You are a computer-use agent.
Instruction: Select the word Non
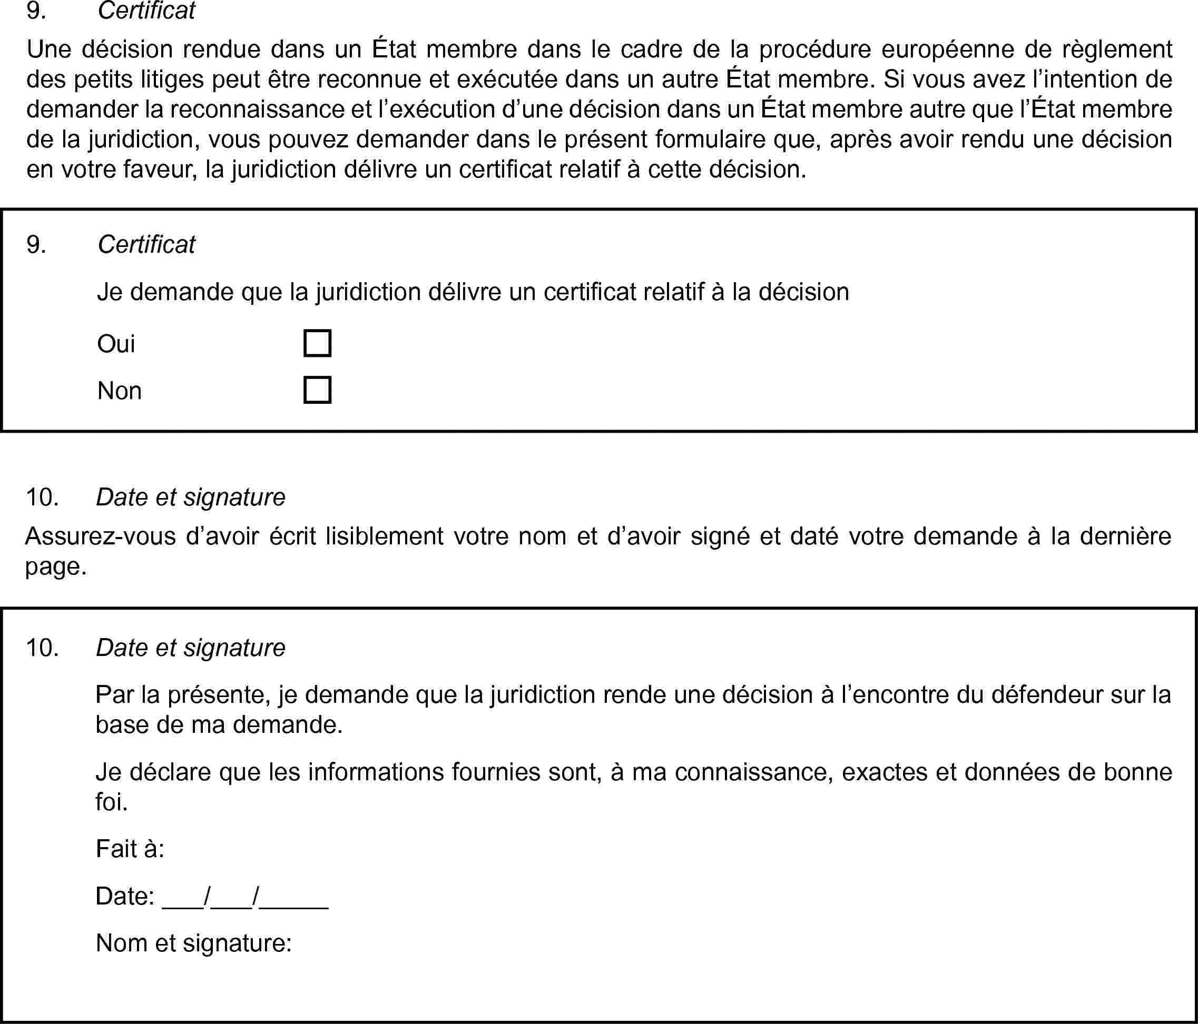[x=120, y=391]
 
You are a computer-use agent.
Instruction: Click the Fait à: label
[x=130, y=848]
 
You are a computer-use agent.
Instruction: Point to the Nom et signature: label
[x=194, y=942]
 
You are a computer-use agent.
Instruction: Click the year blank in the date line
[x=294, y=897]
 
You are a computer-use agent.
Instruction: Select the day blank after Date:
[x=183, y=897]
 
